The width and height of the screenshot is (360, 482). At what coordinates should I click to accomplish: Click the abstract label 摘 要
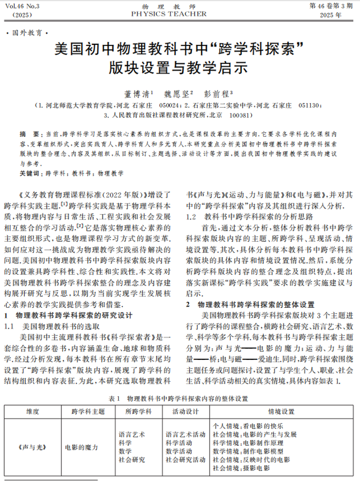[x=30, y=133]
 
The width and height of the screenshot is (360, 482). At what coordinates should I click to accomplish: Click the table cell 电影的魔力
[x=81, y=447]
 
